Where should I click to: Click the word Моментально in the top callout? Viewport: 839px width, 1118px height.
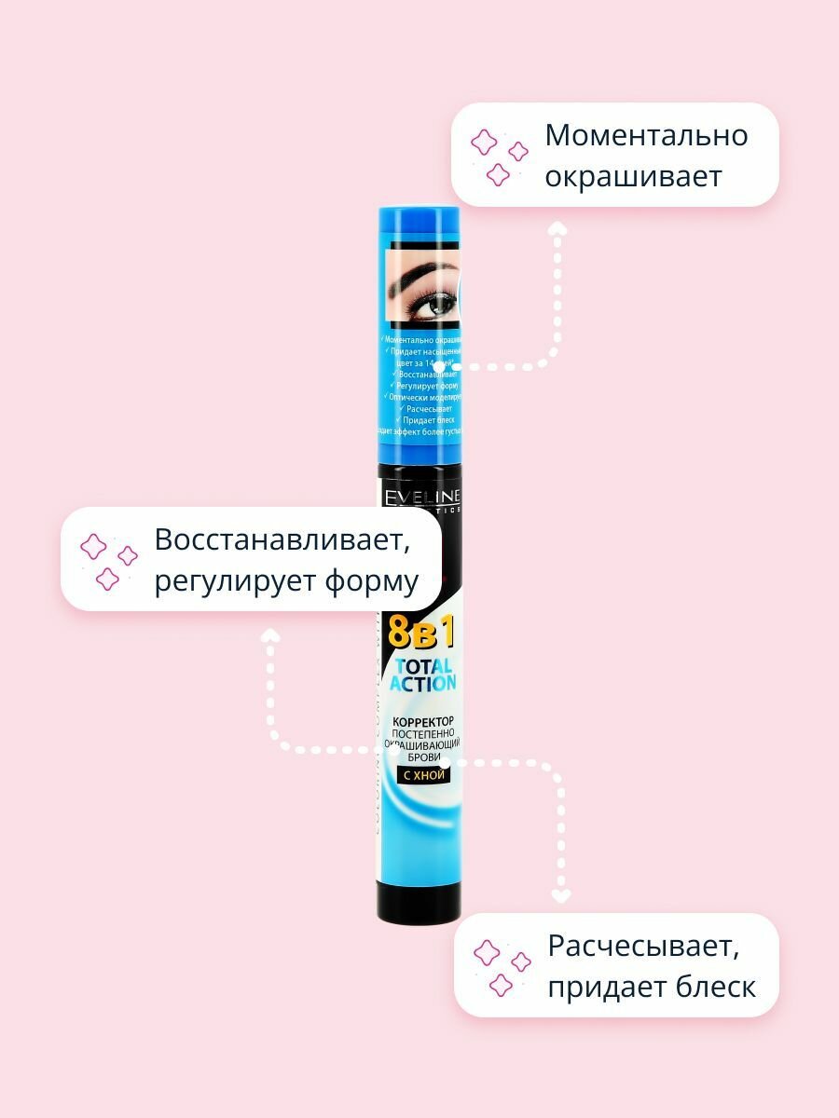pos(646,135)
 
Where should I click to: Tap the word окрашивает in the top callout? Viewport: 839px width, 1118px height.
pos(633,177)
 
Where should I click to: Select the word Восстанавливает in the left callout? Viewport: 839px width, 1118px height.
pos(282,539)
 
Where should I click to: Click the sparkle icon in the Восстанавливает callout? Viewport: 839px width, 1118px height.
pos(108,562)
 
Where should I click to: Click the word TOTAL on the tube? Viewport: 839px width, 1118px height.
pos(423,666)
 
